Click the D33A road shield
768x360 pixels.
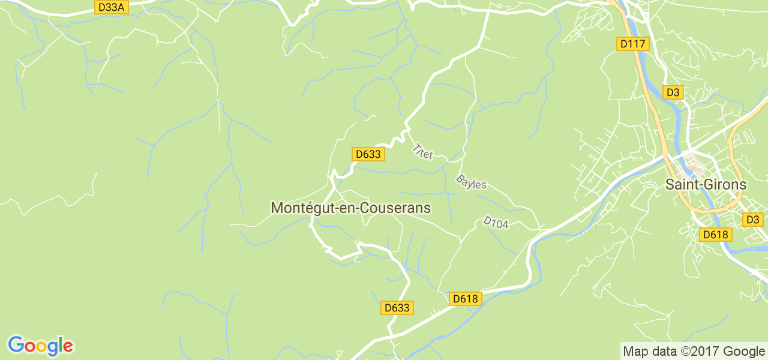112,7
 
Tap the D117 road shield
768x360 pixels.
632,44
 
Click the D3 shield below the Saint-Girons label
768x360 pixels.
753,220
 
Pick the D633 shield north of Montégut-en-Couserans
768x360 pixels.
368,154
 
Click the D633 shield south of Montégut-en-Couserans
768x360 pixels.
397,308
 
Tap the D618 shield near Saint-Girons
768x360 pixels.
716,235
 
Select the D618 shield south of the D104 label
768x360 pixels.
466,299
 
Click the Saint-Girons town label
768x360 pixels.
706,185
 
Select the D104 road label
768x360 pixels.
496,223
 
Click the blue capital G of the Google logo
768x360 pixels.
16,345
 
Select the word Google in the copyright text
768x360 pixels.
744,352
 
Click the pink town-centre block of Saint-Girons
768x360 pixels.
697,163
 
